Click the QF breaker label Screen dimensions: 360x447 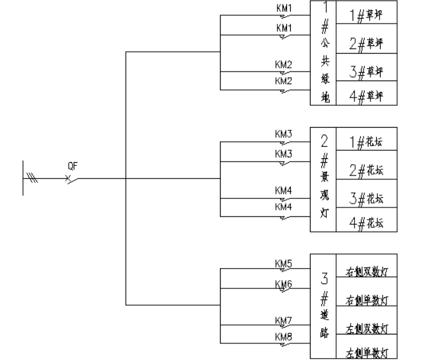[73, 166]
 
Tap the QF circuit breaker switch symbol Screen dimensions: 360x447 [72, 179]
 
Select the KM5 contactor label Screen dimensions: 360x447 [284, 263]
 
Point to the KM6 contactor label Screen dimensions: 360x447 [284, 283]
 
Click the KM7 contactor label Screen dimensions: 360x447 [284, 320]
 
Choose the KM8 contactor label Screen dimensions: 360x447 [284, 336]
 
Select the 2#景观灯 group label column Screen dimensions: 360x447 [324, 179]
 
